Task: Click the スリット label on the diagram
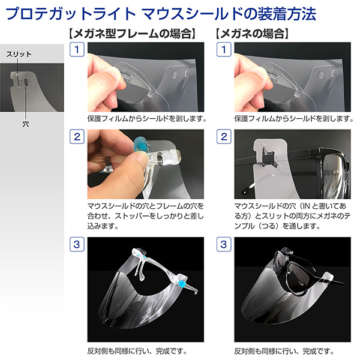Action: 19,55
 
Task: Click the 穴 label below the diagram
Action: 26,124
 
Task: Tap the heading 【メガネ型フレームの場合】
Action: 132,34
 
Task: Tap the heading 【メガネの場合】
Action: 252,34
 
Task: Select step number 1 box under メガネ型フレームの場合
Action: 77,49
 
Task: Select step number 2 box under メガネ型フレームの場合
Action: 77,137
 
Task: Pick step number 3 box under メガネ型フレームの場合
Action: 77,244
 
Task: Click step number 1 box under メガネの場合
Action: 224,49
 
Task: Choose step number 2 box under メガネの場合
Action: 224,137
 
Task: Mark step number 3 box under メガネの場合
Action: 224,244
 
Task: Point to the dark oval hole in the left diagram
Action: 26,82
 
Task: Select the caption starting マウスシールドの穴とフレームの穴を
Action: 146,216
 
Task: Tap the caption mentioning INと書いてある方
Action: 292,216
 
